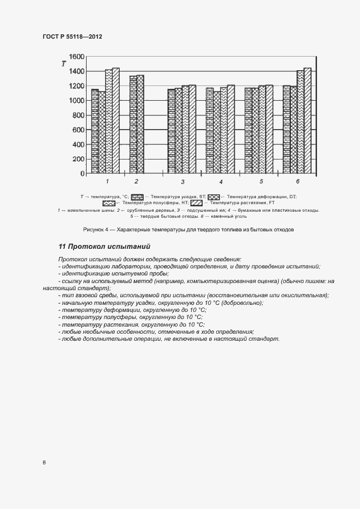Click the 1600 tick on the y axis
click(x=76, y=57)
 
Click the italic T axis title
click(x=64, y=64)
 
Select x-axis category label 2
click(x=136, y=181)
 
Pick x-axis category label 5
click(x=261, y=181)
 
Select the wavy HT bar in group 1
click(x=108, y=121)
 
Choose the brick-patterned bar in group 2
click(x=133, y=125)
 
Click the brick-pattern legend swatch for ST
click(x=137, y=196)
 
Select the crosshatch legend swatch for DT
click(x=213, y=196)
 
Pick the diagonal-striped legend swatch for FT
click(x=195, y=203)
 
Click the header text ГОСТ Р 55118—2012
click(x=72, y=36)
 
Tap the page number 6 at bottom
click(x=44, y=463)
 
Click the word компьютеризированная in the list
click(x=218, y=281)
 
